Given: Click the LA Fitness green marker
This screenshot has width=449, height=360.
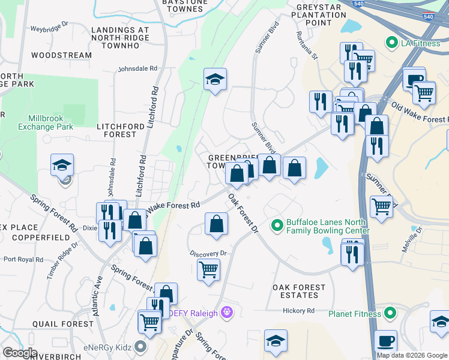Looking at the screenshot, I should [x=392, y=43].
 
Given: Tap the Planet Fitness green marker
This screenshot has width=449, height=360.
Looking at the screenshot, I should [x=391, y=313].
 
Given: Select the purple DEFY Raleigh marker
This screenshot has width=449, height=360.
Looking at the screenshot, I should [x=226, y=313].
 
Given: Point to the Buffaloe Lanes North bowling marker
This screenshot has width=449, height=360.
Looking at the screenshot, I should [x=277, y=226].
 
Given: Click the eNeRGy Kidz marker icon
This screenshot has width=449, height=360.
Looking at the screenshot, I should [x=140, y=346].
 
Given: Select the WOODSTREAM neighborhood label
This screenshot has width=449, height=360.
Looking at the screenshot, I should [x=61, y=55].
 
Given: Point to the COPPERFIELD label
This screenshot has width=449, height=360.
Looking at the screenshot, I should [x=28, y=238].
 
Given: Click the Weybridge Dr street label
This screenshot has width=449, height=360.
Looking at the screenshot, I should [x=50, y=29].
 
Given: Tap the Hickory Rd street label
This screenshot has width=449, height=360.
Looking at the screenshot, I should [x=299, y=310].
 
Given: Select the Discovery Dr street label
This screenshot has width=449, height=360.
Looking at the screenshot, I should [x=208, y=253].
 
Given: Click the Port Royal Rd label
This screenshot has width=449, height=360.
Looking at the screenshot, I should [x=23, y=260].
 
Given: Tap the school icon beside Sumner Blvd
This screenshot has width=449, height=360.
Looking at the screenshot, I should [x=214, y=80].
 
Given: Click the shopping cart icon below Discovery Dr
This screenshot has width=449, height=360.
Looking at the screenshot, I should [x=208, y=270].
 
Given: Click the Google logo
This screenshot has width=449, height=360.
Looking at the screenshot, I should [x=20, y=353].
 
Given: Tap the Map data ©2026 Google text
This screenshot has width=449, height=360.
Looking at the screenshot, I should [x=411, y=355].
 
